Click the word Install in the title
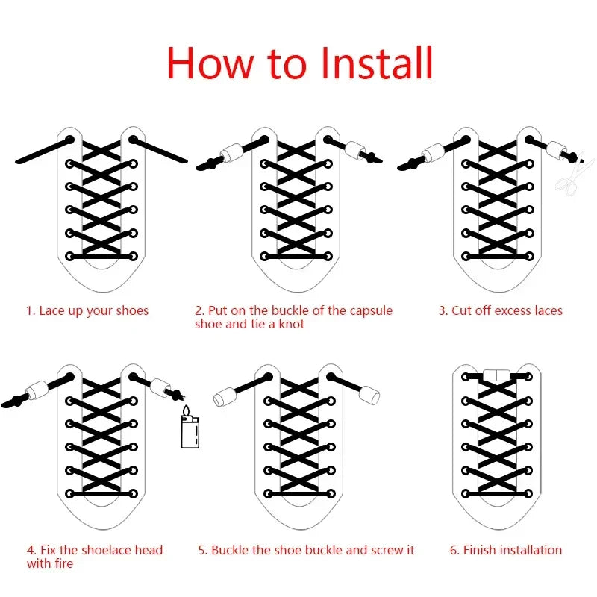point(377,63)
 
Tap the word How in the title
point(210,63)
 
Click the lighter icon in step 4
point(190,426)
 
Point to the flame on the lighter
point(186,411)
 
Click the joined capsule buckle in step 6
point(497,375)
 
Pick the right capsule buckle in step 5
point(369,395)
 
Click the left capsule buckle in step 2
point(232,154)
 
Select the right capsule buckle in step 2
point(356,150)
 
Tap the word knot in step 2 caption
point(292,324)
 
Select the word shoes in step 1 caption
point(132,310)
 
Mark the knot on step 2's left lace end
point(211,164)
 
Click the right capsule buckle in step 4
point(160,387)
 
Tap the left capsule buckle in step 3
point(434,154)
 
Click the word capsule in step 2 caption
point(371,310)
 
